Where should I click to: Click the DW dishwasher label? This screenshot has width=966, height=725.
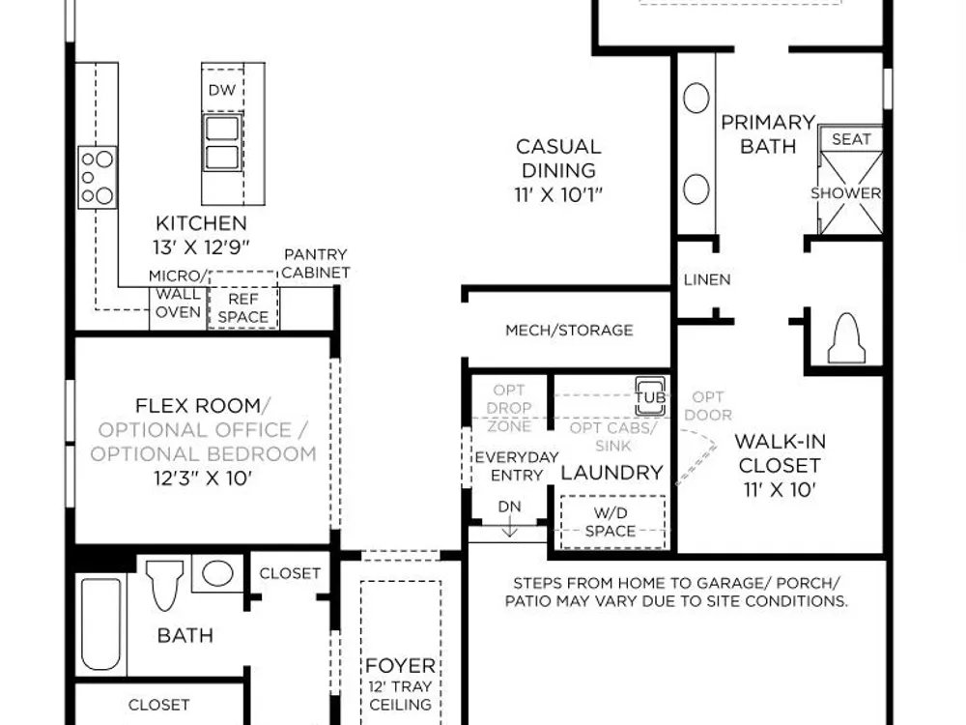[x=222, y=90]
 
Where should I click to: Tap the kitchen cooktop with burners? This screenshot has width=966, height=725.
[x=98, y=178]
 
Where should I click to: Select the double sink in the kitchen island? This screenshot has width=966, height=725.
[x=222, y=142]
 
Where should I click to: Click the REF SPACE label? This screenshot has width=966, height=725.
[x=243, y=308]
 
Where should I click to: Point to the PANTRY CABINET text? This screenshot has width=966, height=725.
[x=316, y=263]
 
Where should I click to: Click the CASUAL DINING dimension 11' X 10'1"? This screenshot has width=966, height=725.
[x=558, y=195]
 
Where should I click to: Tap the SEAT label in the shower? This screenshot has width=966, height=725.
[x=851, y=139]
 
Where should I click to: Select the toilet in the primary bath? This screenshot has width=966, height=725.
[x=846, y=338]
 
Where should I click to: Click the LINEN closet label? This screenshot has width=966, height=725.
[x=707, y=280]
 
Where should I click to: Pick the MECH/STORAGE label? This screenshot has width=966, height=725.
[x=569, y=331]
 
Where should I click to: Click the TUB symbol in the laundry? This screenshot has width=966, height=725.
[x=650, y=396]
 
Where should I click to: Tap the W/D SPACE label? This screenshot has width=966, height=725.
[x=611, y=522]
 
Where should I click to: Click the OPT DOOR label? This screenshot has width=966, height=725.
[x=708, y=406]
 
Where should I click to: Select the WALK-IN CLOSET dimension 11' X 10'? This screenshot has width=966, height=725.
[x=780, y=490]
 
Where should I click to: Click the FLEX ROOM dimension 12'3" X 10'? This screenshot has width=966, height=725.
[x=203, y=478]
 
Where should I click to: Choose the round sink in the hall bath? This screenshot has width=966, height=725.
[x=216, y=573]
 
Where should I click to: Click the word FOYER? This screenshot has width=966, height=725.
[x=401, y=666]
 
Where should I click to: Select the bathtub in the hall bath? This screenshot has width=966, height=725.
[x=101, y=623]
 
